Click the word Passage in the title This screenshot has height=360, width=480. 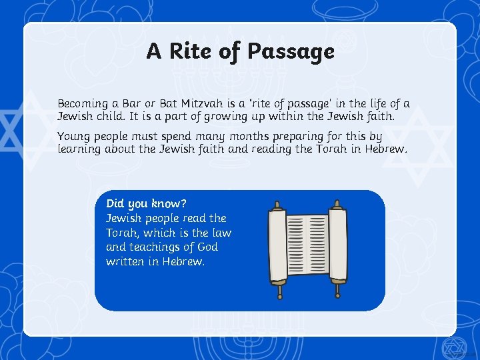pyautogui.click(x=293, y=51)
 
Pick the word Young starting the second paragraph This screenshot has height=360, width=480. pyautogui.click(x=74, y=137)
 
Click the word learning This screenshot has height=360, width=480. pyautogui.click(x=81, y=149)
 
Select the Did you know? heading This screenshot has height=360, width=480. pyautogui.click(x=146, y=203)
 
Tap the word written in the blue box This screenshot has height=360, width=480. pyautogui.click(x=127, y=261)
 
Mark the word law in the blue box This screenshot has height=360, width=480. pyautogui.click(x=221, y=233)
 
